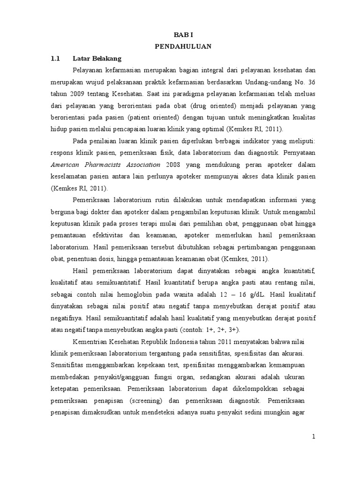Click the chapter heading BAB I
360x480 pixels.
(x=183, y=34)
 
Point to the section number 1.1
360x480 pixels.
(x=56, y=59)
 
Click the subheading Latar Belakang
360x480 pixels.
(x=97, y=59)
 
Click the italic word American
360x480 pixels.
(x=67, y=165)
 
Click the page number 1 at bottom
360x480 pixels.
(x=314, y=437)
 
